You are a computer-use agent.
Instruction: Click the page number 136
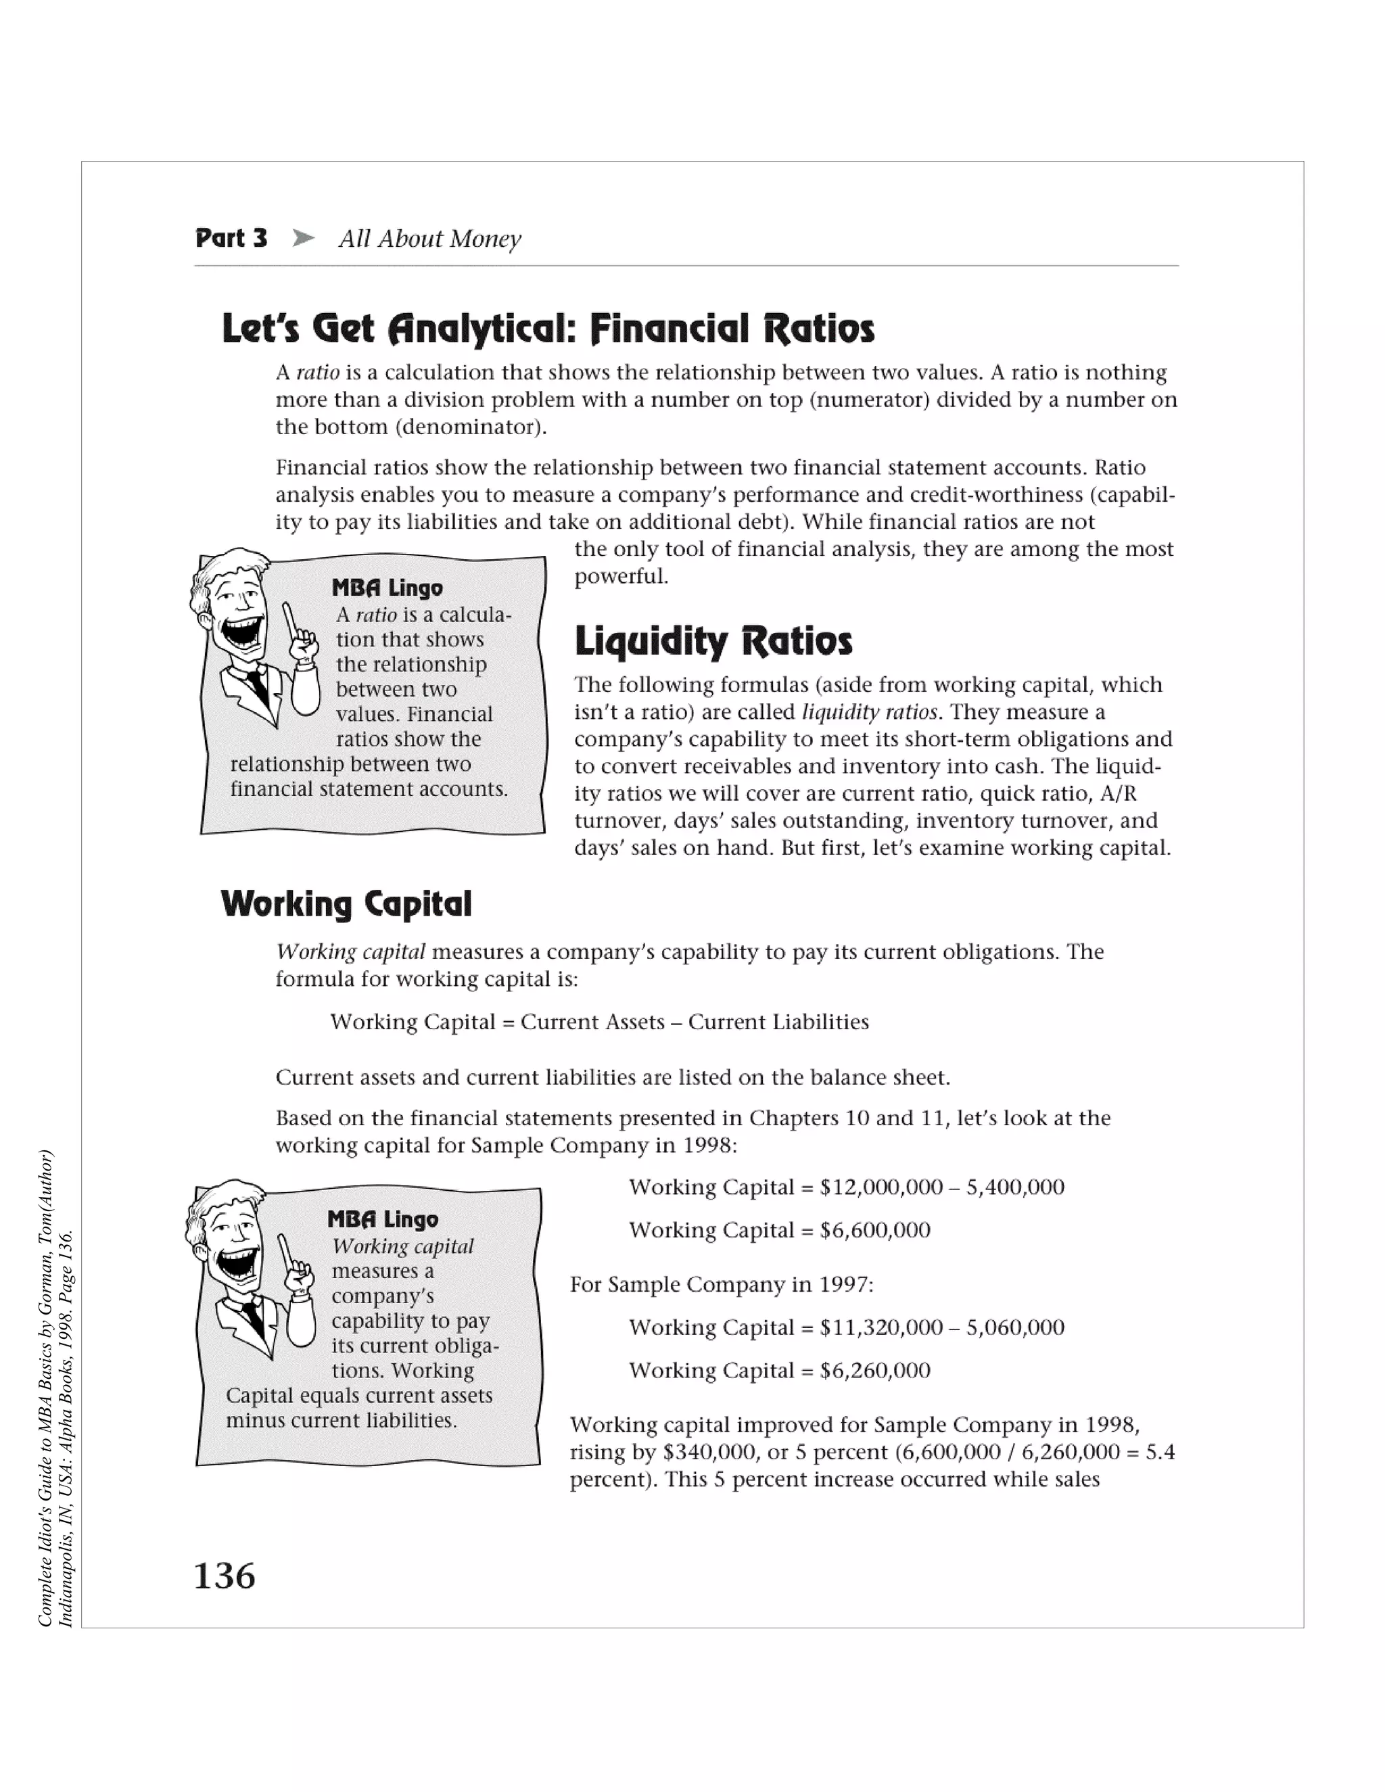(224, 1576)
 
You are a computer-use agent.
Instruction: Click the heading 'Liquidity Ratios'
(713, 641)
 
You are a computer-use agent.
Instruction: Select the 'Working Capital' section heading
(346, 904)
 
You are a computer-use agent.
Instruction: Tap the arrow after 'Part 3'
(303, 238)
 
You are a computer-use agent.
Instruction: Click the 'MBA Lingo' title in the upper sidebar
(388, 588)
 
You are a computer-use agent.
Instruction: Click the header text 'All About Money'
(430, 239)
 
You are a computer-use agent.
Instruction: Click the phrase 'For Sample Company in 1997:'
(721, 1284)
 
